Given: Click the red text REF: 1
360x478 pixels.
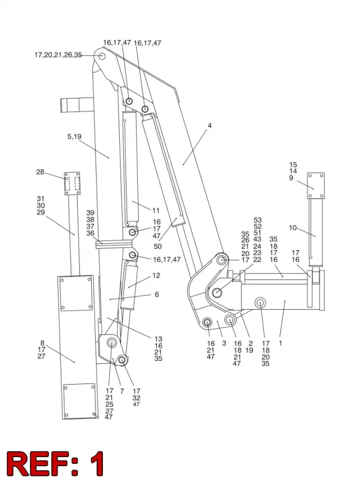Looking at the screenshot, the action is tap(55, 463).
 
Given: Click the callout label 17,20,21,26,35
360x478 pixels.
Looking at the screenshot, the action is tap(58, 55).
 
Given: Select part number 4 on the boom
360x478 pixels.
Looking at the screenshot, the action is tap(209, 126).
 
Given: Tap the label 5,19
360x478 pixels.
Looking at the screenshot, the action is tap(74, 136).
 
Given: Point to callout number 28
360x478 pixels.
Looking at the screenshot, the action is tap(40, 172).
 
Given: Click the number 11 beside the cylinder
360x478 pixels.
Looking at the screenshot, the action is tap(156, 211).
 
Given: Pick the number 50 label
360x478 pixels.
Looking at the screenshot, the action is tap(157, 246).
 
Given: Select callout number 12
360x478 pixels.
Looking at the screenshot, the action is tap(156, 275).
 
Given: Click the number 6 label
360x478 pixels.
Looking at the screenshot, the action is tap(157, 294).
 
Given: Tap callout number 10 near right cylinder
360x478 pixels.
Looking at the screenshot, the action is tap(292, 227).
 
